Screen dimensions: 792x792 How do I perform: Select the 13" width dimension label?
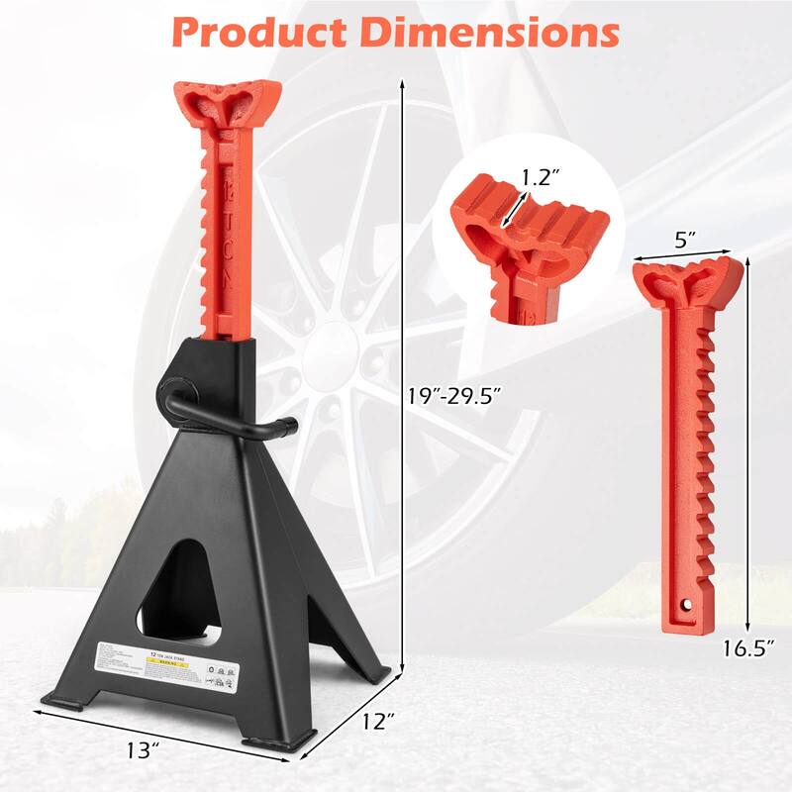[x=143, y=749]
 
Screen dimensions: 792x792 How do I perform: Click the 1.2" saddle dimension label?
[x=541, y=178]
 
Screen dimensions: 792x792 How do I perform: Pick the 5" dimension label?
[x=682, y=240]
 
